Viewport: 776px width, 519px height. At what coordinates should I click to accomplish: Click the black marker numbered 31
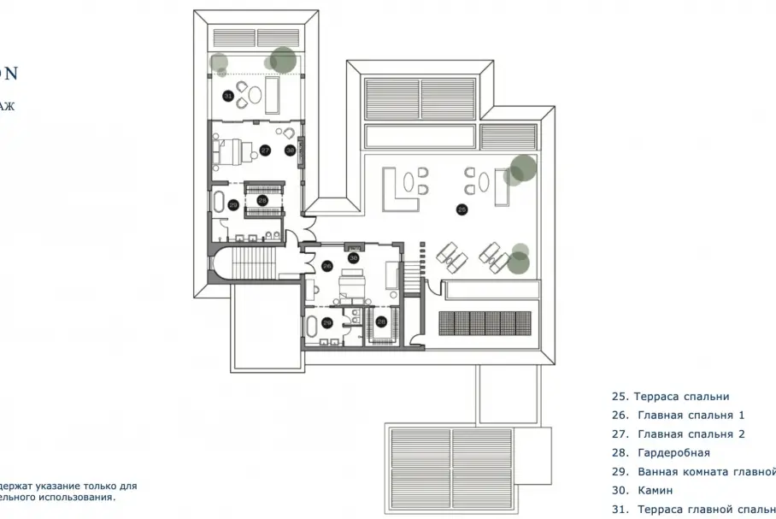pos(228,97)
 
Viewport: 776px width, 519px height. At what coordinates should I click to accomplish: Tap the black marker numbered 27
pos(265,150)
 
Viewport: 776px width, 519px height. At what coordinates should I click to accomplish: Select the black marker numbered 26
pos(327,266)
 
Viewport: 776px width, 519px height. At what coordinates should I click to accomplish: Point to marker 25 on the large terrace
pos(462,209)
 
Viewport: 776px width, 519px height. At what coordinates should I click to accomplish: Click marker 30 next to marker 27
pos(290,150)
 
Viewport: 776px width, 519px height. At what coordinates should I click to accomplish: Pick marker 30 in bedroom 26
pos(352,257)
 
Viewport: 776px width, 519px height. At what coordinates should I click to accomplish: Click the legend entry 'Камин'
pos(655,491)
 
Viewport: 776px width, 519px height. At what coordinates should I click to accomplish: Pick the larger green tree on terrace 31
pos(283,60)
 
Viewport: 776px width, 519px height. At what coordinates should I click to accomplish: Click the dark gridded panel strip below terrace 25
pos(485,322)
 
